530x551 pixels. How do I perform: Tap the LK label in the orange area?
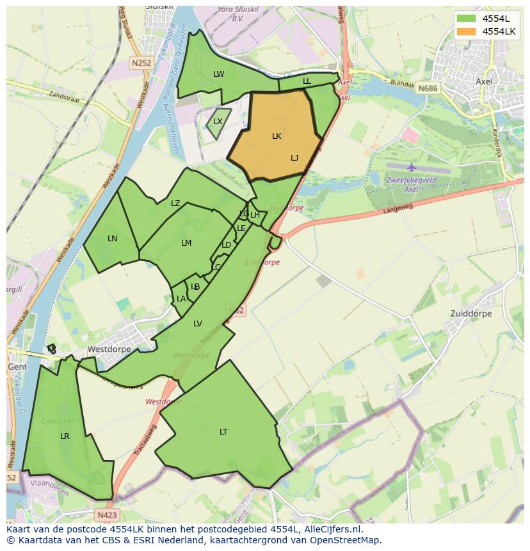277,136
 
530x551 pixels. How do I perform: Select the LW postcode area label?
219,74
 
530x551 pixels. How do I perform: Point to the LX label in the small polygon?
218,122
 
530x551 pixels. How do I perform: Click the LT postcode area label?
223,432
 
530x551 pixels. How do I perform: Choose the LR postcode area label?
65,436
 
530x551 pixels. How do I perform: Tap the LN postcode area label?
112,239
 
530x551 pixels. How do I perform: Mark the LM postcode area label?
186,243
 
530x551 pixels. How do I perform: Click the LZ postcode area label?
175,204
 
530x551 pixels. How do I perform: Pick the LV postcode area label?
198,324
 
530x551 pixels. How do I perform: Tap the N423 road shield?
108,514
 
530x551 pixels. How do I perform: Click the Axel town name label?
484,82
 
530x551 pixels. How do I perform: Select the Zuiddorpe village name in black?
471,314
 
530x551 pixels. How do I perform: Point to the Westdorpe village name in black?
109,349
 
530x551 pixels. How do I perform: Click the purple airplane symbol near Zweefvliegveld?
411,168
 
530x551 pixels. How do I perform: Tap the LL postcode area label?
307,81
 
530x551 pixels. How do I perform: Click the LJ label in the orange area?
294,158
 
